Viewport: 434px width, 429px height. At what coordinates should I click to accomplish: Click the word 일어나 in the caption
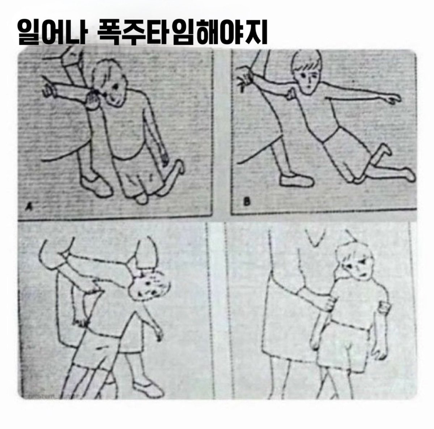[x=51, y=32]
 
